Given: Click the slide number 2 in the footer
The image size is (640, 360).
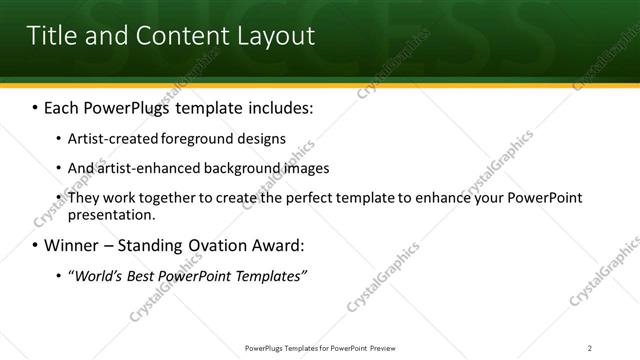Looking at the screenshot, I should [x=589, y=348].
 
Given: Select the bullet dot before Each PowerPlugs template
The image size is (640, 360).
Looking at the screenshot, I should [x=36, y=106].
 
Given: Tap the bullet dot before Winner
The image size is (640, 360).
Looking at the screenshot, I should [x=36, y=245].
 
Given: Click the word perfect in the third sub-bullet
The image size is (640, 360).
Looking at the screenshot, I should [x=286, y=198].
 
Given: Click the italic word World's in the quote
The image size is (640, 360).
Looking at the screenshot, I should [x=99, y=275].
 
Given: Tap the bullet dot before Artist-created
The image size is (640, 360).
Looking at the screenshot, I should [x=58, y=138].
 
